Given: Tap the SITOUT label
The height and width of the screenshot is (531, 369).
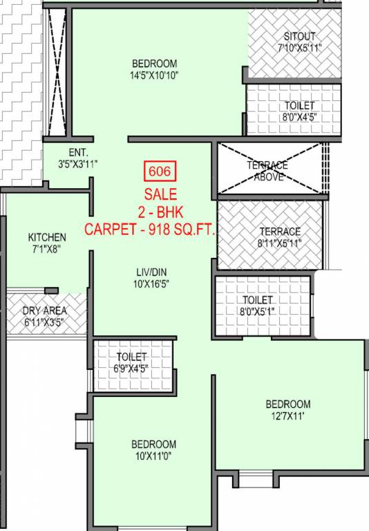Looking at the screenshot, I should [x=299, y=36].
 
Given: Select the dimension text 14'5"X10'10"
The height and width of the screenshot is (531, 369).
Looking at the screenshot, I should [x=154, y=75].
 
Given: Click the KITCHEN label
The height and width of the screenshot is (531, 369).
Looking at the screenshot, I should [x=47, y=237].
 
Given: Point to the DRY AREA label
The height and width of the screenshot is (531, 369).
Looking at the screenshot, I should [x=44, y=310].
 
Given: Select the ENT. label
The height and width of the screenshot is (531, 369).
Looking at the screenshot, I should [x=77, y=153].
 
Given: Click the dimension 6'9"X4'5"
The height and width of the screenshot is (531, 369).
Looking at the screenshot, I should [x=132, y=369].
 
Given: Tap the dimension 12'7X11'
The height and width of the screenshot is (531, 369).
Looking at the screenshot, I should [x=288, y=416].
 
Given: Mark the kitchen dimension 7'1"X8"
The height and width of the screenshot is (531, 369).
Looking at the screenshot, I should [x=47, y=250].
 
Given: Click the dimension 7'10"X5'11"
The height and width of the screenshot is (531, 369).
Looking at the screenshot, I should [x=299, y=48].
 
